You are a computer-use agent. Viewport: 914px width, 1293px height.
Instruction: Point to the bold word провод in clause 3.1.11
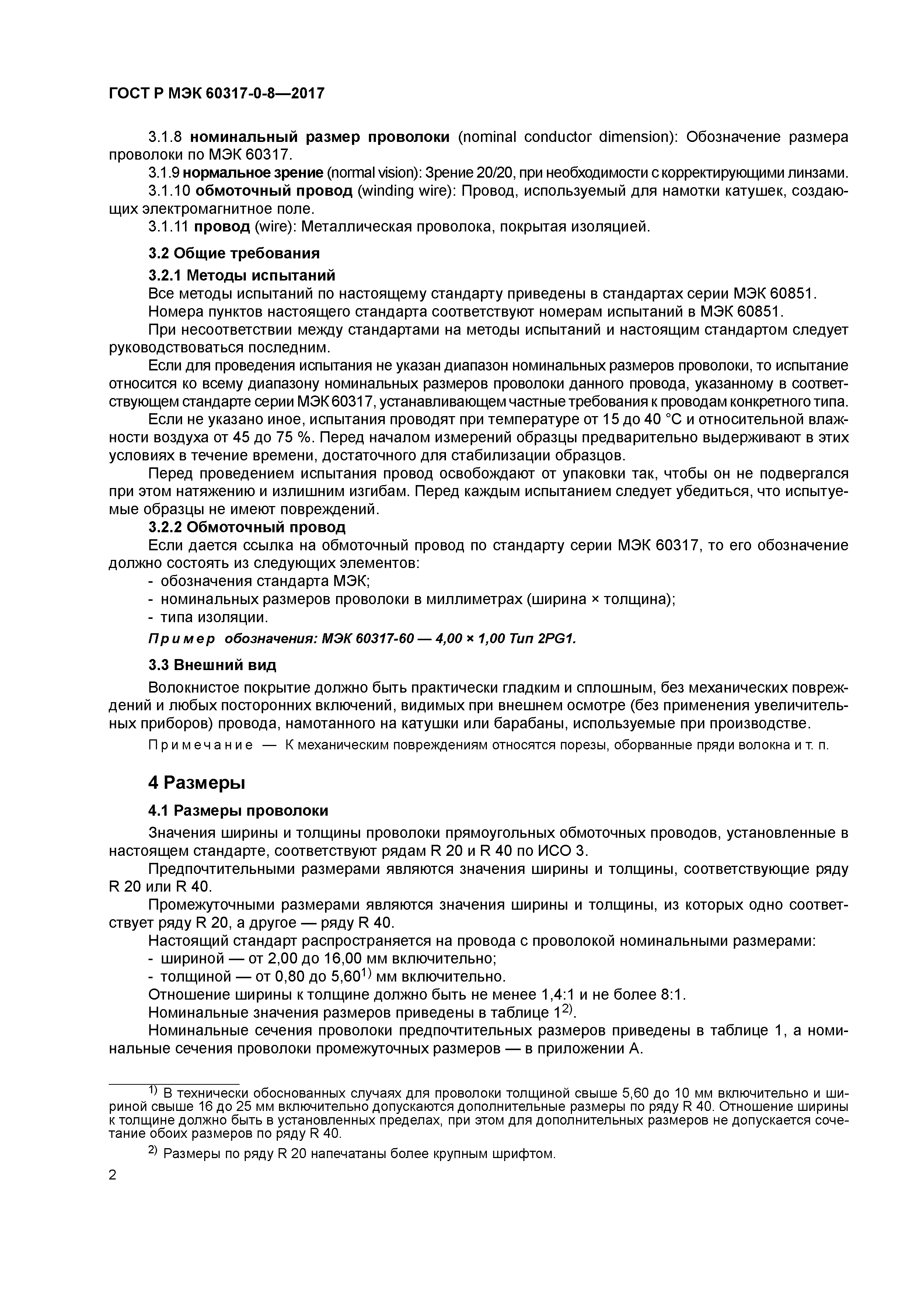point(222,227)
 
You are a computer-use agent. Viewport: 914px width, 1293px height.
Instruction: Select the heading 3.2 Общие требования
point(234,254)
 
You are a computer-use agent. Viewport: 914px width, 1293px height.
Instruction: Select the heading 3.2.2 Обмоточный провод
point(247,528)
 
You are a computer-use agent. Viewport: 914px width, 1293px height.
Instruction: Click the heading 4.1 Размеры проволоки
point(238,811)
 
